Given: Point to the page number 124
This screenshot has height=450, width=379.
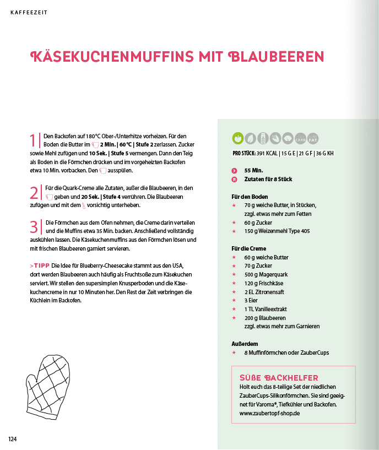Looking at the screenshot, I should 13,439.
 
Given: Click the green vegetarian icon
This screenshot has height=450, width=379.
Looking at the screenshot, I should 238,138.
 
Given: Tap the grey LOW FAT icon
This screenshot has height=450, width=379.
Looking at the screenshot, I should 313,138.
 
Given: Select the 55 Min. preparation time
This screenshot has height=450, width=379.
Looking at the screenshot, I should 253,171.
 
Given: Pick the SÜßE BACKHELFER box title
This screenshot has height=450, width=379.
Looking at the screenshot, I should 279,377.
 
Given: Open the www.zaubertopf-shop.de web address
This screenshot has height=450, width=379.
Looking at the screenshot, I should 266,413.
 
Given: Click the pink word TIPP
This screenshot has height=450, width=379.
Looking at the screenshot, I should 41,265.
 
